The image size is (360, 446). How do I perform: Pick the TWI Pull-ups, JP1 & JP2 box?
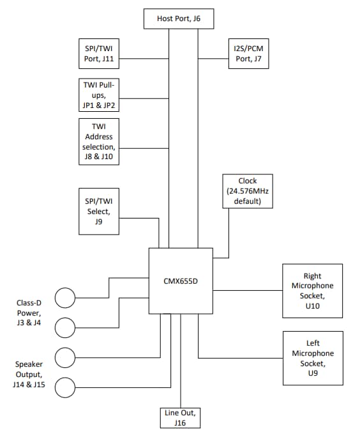[98, 95]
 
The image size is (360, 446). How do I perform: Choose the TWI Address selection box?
[98, 141]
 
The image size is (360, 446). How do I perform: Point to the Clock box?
[248, 191]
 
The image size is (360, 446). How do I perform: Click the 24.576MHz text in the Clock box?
[248, 192]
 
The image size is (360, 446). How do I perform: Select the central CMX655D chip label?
[181, 281]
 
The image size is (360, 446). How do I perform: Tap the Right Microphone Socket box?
[312, 291]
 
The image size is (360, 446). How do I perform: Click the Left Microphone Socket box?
[312, 358]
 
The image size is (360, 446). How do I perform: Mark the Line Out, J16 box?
[180, 417]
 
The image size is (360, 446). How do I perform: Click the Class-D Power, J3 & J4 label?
[29, 313]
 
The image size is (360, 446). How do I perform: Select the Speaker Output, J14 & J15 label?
[29, 374]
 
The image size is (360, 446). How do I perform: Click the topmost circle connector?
[65, 298]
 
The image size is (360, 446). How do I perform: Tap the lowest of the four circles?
[65, 388]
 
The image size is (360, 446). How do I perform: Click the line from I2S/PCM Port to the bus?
[213, 59]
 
